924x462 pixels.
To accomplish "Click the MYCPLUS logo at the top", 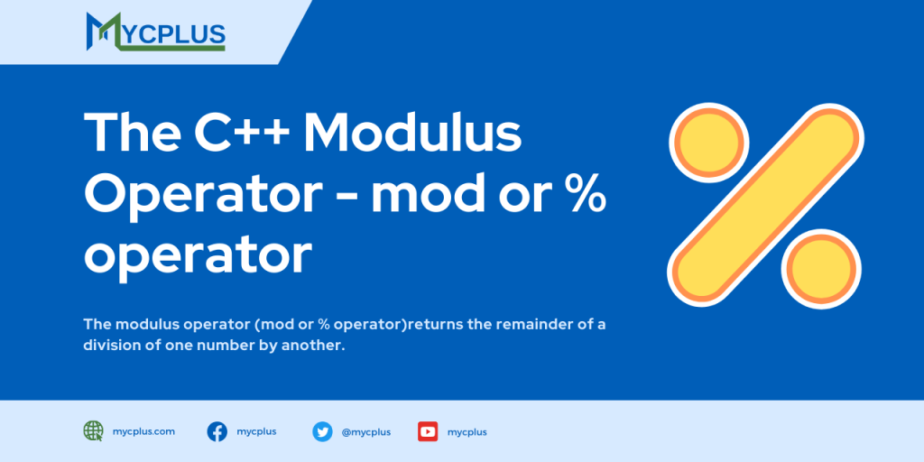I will tap(155, 32).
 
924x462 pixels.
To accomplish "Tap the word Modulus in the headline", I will tap(412, 134).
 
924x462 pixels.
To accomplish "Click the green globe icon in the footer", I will tap(93, 431).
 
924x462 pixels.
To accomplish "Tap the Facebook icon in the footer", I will tap(217, 431).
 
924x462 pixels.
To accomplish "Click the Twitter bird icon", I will tap(322, 431).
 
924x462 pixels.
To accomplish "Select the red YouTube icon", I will tap(428, 431).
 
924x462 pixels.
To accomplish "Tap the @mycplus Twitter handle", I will tap(365, 432).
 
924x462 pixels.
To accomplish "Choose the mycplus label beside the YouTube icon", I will tap(467, 432).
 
